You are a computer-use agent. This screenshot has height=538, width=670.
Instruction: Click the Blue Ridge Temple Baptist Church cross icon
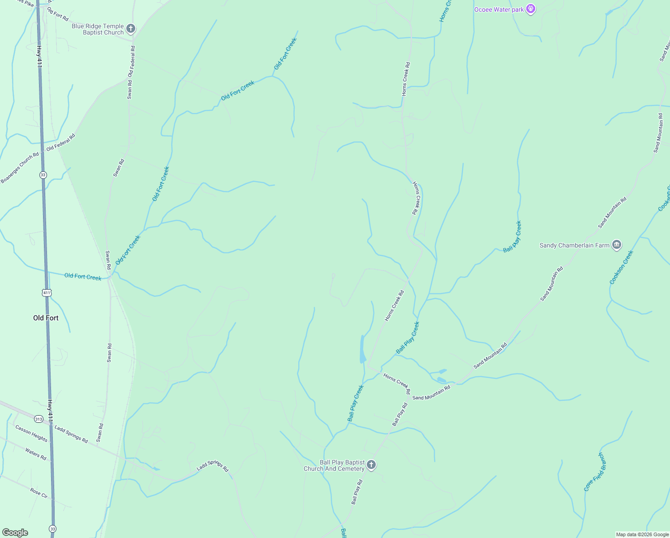[x=130, y=29]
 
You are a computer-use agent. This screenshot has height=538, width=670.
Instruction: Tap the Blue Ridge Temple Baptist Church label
[x=98, y=29]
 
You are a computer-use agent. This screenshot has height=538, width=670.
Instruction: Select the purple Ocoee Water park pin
[x=530, y=9]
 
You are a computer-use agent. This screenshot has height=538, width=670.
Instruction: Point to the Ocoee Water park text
[x=499, y=9]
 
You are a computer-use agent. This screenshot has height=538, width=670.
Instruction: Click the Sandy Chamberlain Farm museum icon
[x=617, y=245]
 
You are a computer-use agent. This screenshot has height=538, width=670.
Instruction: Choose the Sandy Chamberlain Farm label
[x=575, y=245]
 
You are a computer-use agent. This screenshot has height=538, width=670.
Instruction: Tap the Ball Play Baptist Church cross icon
[x=371, y=465]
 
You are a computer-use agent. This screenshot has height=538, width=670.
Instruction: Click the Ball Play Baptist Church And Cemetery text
[x=334, y=465]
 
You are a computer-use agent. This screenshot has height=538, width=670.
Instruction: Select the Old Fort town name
[x=46, y=318]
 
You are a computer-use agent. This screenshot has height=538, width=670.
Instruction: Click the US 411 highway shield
[x=47, y=293]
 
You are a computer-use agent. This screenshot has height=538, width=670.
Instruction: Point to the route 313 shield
[x=39, y=419]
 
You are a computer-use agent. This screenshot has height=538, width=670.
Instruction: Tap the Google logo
[x=15, y=533]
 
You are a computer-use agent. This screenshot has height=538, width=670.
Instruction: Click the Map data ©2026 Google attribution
[x=642, y=534]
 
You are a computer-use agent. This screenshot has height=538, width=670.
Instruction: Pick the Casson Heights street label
[x=31, y=433]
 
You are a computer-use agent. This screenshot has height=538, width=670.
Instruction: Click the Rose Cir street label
[x=39, y=493]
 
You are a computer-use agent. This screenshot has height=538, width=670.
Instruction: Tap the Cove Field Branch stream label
[x=594, y=472]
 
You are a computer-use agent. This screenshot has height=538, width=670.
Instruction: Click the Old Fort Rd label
[x=58, y=14]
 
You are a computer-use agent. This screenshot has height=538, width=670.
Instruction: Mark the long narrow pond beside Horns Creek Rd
[x=362, y=349]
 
